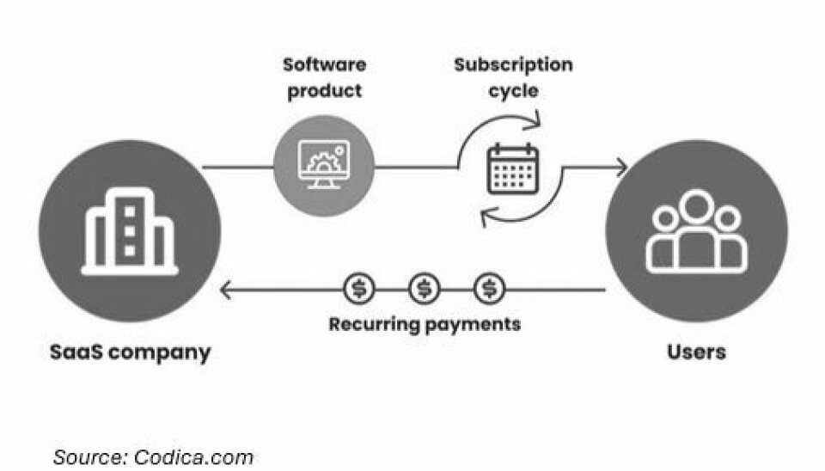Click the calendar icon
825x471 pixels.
pos(512,168)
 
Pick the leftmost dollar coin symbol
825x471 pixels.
pos(358,289)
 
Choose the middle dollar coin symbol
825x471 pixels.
pos(424,289)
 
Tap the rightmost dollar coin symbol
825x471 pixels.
pos(490,289)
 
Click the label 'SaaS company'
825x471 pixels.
pos(129,352)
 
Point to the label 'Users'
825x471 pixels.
pos(696,352)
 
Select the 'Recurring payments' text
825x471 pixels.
pos(425,324)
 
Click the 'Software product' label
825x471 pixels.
pos(324,77)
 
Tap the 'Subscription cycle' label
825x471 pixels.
pos(513,77)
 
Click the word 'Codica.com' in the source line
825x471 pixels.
pos(193,456)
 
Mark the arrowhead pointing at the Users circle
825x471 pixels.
pos(620,167)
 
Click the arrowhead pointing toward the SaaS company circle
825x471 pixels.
pos(226,290)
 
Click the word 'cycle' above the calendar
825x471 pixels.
pos(513,91)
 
